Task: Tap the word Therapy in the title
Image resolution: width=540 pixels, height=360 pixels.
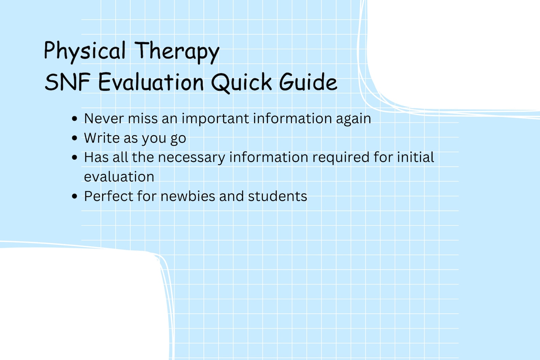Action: (177, 52)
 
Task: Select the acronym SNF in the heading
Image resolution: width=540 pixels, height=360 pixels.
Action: (67, 82)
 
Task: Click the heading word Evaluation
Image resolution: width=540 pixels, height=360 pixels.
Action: (151, 82)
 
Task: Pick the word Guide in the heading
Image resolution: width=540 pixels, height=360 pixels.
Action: (308, 82)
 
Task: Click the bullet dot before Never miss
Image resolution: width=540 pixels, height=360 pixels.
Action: (75, 119)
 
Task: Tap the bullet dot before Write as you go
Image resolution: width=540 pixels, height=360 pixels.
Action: (75, 138)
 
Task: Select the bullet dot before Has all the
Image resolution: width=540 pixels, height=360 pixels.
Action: (75, 157)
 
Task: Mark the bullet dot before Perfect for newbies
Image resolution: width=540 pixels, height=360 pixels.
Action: (75, 196)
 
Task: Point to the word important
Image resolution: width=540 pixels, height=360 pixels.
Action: (215, 119)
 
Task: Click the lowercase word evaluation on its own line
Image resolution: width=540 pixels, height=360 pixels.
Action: (119, 177)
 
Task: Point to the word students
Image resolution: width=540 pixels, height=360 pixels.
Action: (277, 196)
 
